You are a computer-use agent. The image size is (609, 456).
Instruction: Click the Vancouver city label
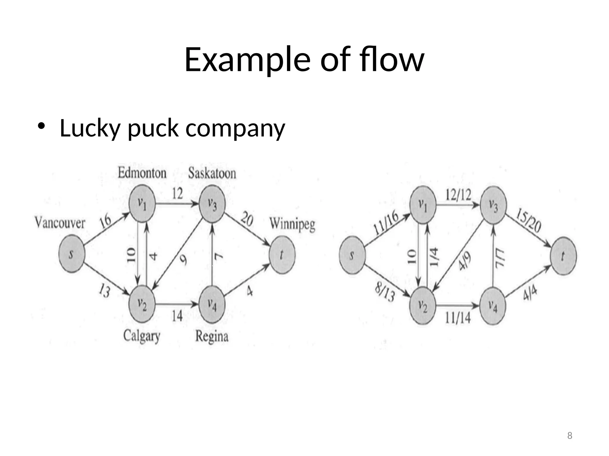(60, 223)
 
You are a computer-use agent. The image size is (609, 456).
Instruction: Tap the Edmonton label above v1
(142, 173)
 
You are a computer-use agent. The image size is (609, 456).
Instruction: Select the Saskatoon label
(212, 173)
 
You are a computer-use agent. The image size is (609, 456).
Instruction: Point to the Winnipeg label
(292, 224)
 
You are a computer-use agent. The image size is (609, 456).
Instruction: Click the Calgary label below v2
(142, 336)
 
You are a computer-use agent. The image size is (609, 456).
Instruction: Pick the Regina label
(212, 336)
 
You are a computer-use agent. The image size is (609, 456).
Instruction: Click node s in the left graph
(72, 254)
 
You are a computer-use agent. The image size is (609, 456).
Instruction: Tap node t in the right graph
(563, 256)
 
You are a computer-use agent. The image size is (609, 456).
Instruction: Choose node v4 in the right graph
(493, 306)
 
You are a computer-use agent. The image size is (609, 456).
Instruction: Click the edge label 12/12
(458, 195)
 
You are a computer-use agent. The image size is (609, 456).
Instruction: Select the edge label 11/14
(458, 319)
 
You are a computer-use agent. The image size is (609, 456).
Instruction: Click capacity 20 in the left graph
(247, 219)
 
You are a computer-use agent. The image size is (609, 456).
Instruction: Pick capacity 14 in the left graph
(177, 316)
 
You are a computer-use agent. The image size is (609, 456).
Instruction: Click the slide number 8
(569, 436)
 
